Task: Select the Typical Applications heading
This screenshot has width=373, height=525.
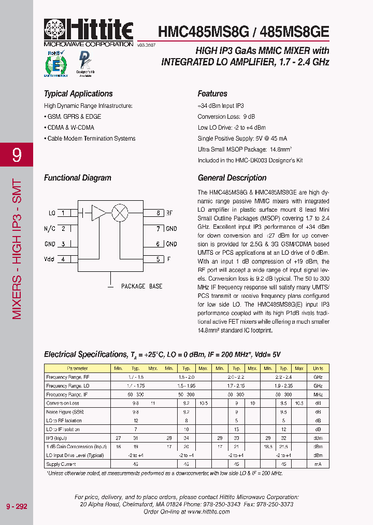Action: tap(78, 94)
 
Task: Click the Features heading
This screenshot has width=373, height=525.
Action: tap(212, 94)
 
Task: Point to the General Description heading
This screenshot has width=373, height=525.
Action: tap(232, 178)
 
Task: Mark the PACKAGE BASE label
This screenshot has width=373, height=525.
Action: tap(141, 286)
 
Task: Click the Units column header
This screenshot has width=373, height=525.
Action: tap(318, 368)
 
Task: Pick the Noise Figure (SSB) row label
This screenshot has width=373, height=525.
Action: tap(65, 411)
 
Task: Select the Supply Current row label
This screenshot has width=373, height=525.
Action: tap(61, 464)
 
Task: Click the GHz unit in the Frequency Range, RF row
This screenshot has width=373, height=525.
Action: tap(318, 377)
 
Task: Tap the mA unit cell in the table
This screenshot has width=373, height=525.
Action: tap(318, 464)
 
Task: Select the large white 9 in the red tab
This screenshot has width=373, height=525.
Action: tap(17, 155)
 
